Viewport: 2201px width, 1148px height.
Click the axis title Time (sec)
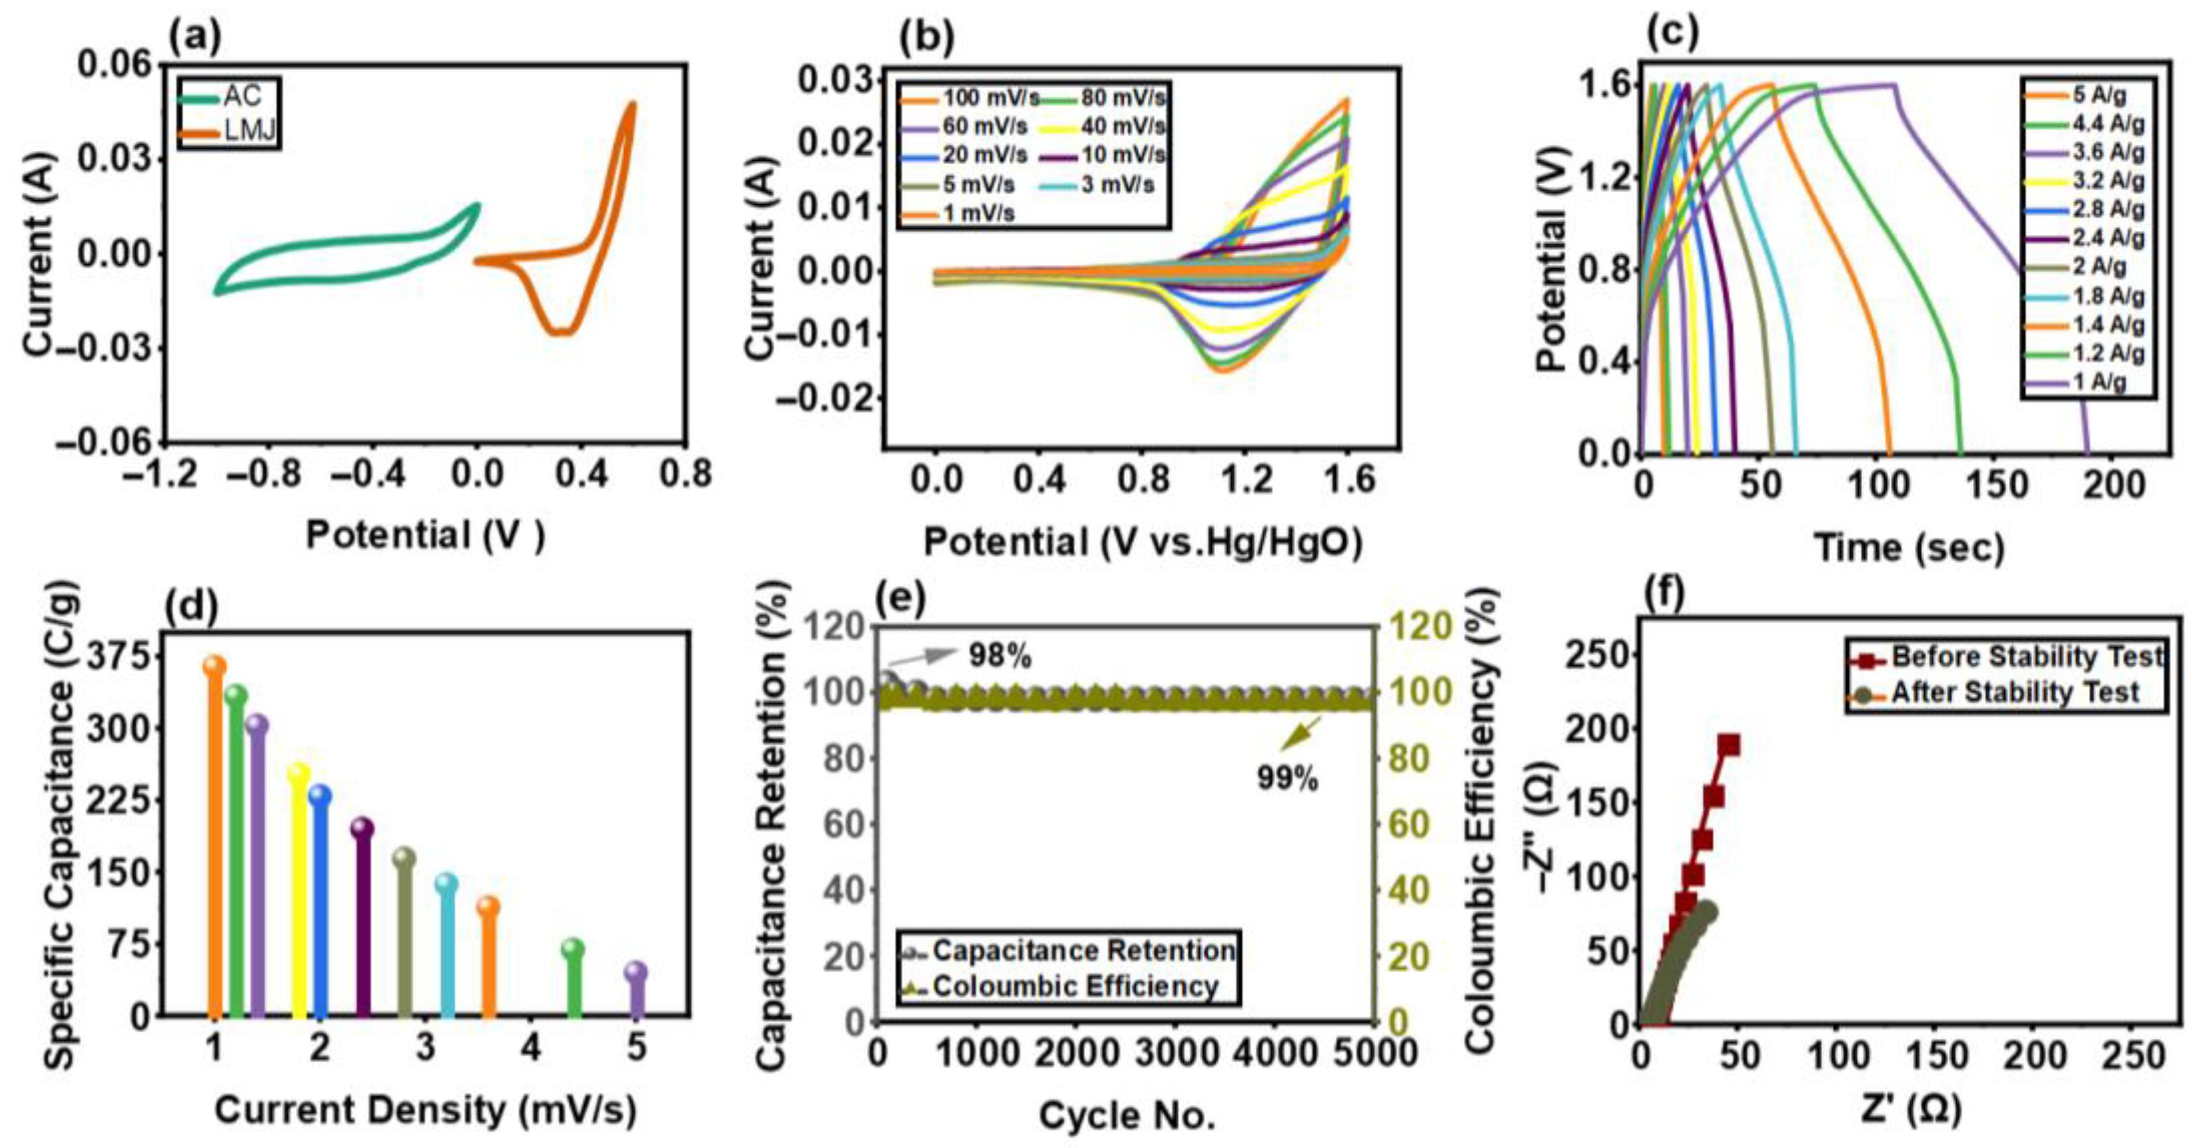[1908, 547]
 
